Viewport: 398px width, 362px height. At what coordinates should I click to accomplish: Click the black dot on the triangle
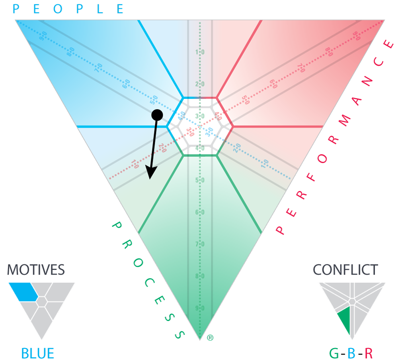point(157,115)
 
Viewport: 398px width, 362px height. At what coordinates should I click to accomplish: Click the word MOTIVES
point(36,270)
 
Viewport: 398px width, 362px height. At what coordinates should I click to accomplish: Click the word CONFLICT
point(345,270)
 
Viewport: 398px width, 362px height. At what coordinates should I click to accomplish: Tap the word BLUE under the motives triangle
point(37,353)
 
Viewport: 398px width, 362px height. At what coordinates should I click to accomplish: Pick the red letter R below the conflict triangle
point(369,353)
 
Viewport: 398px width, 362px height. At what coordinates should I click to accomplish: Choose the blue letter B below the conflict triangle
point(352,353)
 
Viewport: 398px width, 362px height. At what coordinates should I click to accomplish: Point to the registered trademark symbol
point(210,338)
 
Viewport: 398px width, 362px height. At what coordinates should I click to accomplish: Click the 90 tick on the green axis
point(200,308)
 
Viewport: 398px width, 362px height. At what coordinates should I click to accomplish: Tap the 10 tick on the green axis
point(200,52)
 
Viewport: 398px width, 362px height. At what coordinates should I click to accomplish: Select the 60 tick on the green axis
point(200,212)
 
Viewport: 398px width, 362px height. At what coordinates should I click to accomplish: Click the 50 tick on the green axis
point(200,180)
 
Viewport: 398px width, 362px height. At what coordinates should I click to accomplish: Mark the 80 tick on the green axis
point(200,276)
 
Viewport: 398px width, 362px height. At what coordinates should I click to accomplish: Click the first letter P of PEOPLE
point(16,9)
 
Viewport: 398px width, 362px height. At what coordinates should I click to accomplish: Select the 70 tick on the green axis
point(200,244)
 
